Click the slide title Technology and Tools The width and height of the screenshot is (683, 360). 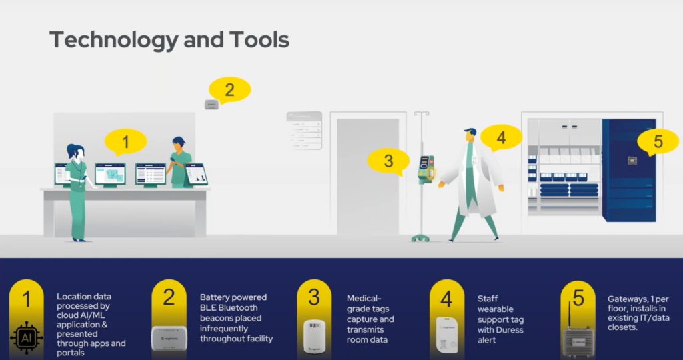(x=169, y=39)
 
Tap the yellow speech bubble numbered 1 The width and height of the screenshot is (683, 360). (x=125, y=141)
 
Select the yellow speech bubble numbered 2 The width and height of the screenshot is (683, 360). (x=229, y=89)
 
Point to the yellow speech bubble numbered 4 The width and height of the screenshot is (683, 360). (x=501, y=137)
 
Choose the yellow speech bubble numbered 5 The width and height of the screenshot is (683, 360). (x=658, y=141)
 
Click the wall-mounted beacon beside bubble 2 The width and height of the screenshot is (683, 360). (x=211, y=103)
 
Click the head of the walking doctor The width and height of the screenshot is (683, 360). (x=470, y=135)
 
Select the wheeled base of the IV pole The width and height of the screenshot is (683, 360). (x=420, y=237)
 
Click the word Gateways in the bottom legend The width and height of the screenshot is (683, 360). (x=627, y=299)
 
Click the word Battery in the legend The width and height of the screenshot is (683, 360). (x=216, y=297)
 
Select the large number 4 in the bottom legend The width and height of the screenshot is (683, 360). (x=446, y=297)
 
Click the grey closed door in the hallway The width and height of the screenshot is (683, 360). (x=368, y=176)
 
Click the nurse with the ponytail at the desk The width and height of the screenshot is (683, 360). (x=77, y=190)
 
